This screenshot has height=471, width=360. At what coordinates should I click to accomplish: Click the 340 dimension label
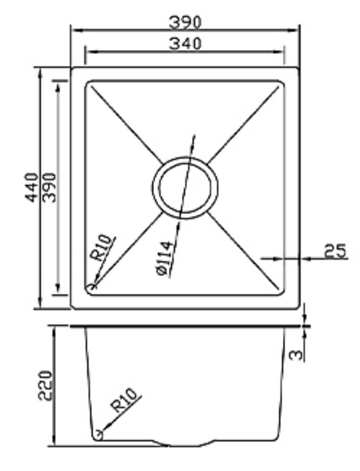click(185, 44)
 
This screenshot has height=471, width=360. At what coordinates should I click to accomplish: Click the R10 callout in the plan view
click(101, 247)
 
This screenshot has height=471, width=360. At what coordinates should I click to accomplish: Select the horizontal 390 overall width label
click(185, 22)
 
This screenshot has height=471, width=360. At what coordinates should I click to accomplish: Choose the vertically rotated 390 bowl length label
click(49, 187)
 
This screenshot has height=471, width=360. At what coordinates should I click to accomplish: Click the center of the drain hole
click(185, 187)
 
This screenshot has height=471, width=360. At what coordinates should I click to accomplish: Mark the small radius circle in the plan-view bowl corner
click(92, 286)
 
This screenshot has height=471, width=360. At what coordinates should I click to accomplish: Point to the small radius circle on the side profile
click(99, 435)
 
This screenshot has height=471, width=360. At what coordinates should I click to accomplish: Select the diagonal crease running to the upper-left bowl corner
click(124, 124)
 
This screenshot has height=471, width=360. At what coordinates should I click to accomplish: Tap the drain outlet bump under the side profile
click(185, 444)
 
